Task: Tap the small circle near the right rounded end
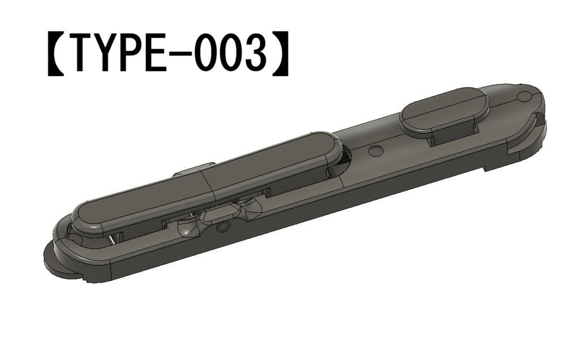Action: [523, 96]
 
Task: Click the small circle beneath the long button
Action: [224, 227]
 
